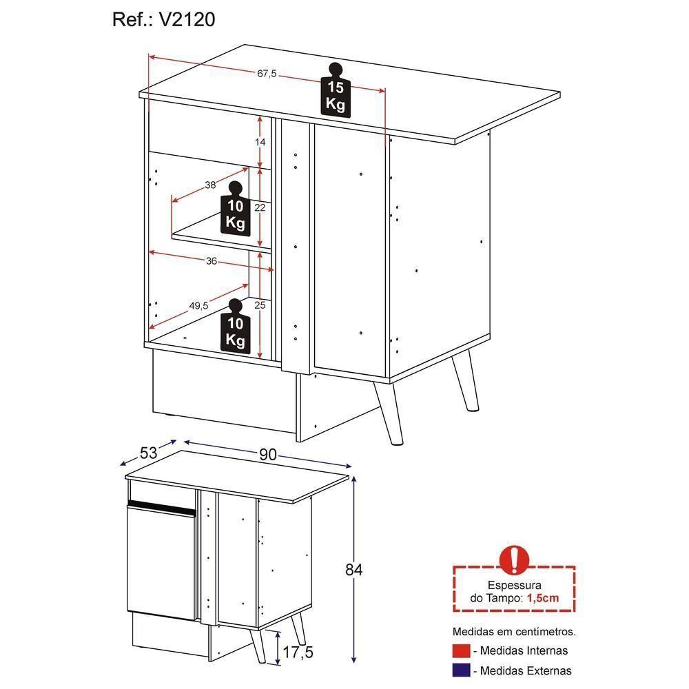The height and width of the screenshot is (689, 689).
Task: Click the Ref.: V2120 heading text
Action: (x=163, y=20)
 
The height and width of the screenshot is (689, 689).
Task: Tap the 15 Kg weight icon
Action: (x=336, y=92)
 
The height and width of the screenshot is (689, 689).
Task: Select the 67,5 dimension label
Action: (x=267, y=74)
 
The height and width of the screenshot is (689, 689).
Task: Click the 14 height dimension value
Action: (x=260, y=142)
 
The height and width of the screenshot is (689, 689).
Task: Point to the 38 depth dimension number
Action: (x=210, y=185)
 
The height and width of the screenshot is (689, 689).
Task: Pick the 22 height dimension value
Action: (x=260, y=207)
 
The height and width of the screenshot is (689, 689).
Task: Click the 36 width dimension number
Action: (x=212, y=261)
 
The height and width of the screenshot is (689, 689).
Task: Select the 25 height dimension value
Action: (x=260, y=304)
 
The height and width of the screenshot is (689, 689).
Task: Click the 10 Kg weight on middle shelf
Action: (x=235, y=209)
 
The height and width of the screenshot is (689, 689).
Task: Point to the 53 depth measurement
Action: (x=148, y=453)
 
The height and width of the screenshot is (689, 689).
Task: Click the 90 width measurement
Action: (x=268, y=455)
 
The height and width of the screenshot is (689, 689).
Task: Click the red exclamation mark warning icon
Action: (x=514, y=559)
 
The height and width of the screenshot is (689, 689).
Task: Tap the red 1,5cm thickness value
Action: (x=543, y=598)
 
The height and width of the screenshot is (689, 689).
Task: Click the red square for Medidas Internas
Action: (x=461, y=650)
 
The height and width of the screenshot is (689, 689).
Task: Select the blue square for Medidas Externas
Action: (x=461, y=670)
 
